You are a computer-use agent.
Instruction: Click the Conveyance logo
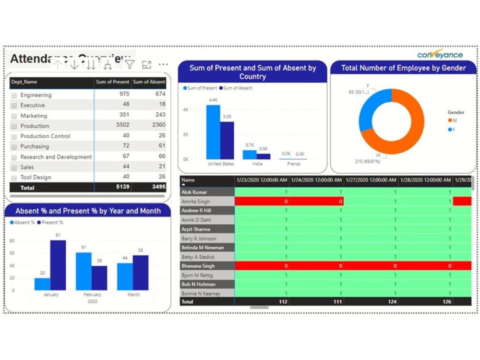(440, 54)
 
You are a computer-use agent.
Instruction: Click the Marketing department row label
(34, 116)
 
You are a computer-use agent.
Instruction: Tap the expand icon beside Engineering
(14, 96)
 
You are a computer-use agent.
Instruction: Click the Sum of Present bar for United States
(213, 132)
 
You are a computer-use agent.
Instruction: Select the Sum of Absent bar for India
(264, 156)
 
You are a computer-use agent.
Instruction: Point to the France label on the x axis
(293, 164)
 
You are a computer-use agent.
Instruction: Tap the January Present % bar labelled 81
(58, 265)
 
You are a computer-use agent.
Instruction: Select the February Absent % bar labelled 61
(84, 271)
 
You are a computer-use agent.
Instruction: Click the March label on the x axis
(133, 295)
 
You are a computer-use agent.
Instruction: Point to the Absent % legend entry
(22, 223)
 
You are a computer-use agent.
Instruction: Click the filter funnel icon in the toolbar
(130, 64)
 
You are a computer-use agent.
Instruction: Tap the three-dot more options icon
(163, 64)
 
